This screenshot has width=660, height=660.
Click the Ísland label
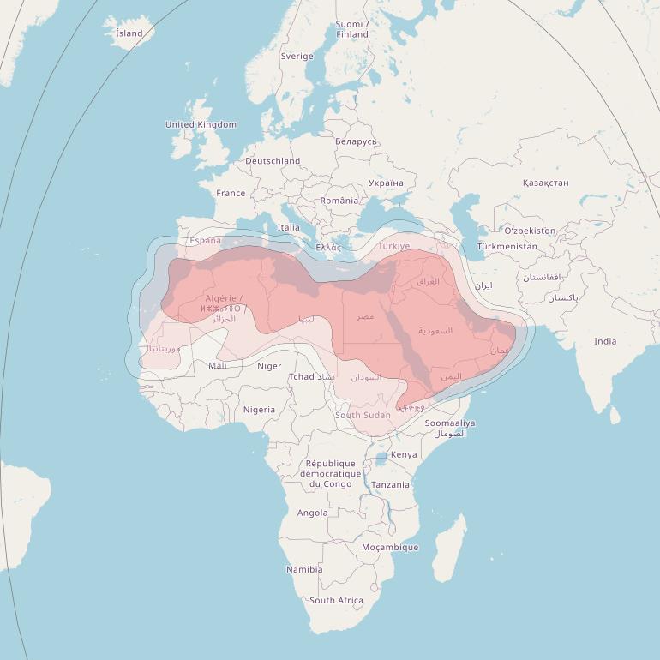point(129,33)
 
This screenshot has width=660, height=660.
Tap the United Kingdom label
point(201,125)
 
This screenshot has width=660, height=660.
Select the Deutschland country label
point(273,161)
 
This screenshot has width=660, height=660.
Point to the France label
point(231,194)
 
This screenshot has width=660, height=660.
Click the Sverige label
point(297,57)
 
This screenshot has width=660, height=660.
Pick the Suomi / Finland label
point(351,29)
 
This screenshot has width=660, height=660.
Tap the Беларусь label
point(356,141)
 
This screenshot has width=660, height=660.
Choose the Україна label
point(385,183)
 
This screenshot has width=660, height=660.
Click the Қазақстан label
point(545,183)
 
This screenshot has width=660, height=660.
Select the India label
point(605,341)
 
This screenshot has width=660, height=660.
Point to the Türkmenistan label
point(507,247)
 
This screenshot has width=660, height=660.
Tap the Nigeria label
point(259,410)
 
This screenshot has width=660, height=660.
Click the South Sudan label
point(363,416)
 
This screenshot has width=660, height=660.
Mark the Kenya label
point(404,455)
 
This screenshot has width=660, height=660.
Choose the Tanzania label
point(390,485)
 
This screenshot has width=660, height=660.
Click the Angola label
point(312,513)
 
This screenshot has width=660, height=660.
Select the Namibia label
point(304,570)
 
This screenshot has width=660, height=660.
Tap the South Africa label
point(336,601)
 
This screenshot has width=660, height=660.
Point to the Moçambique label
point(390,548)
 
